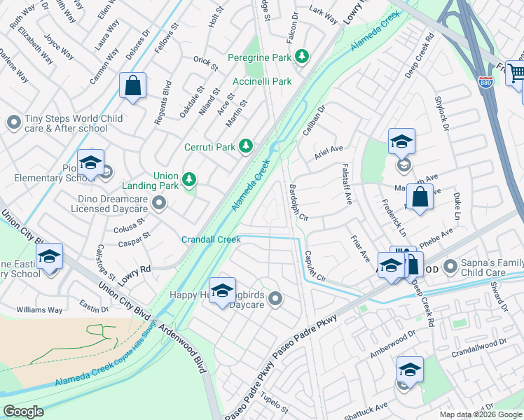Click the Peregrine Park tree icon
coord(302,56)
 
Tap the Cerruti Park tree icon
coord(245,146)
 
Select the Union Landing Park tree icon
coord(188,180)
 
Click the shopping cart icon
coord(516,72)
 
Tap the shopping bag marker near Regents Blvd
coord(132,87)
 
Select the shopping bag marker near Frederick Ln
coord(419,197)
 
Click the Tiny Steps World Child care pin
coord(13,123)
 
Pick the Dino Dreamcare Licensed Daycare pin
coord(159,204)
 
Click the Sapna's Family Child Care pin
coord(449,267)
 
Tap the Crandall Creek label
coord(211,239)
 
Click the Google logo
coord(23,412)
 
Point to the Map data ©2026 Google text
coord(481,414)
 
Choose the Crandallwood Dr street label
coord(478,348)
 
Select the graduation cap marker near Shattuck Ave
coord(410,370)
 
